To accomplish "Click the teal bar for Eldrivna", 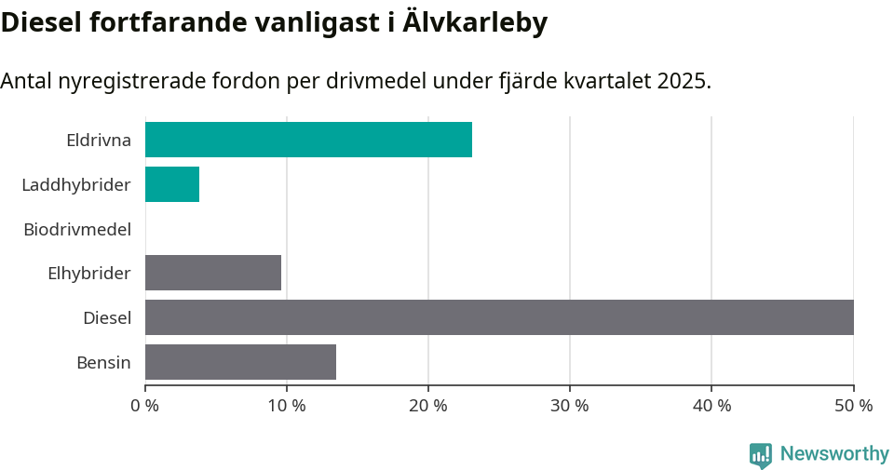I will click(308, 140).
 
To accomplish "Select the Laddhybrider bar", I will click(172, 184).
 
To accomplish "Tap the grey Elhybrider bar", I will click(213, 273).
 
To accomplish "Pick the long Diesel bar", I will click(499, 317).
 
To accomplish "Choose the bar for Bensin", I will click(240, 362).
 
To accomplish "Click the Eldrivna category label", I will click(99, 141).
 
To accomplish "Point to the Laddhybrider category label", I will click(76, 185).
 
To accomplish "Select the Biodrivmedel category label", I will click(77, 229).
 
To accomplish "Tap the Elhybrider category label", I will click(89, 274).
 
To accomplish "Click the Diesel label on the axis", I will click(107, 318).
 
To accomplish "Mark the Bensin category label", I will click(103, 363).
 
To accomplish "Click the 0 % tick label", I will click(145, 406).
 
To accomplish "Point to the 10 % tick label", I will click(287, 406).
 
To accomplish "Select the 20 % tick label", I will click(428, 406).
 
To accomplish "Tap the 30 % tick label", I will click(570, 406).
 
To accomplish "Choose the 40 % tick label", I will click(711, 406).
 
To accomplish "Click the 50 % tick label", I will click(853, 406).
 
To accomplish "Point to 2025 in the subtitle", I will click(682, 81).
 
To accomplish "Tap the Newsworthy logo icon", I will click(761, 455).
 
